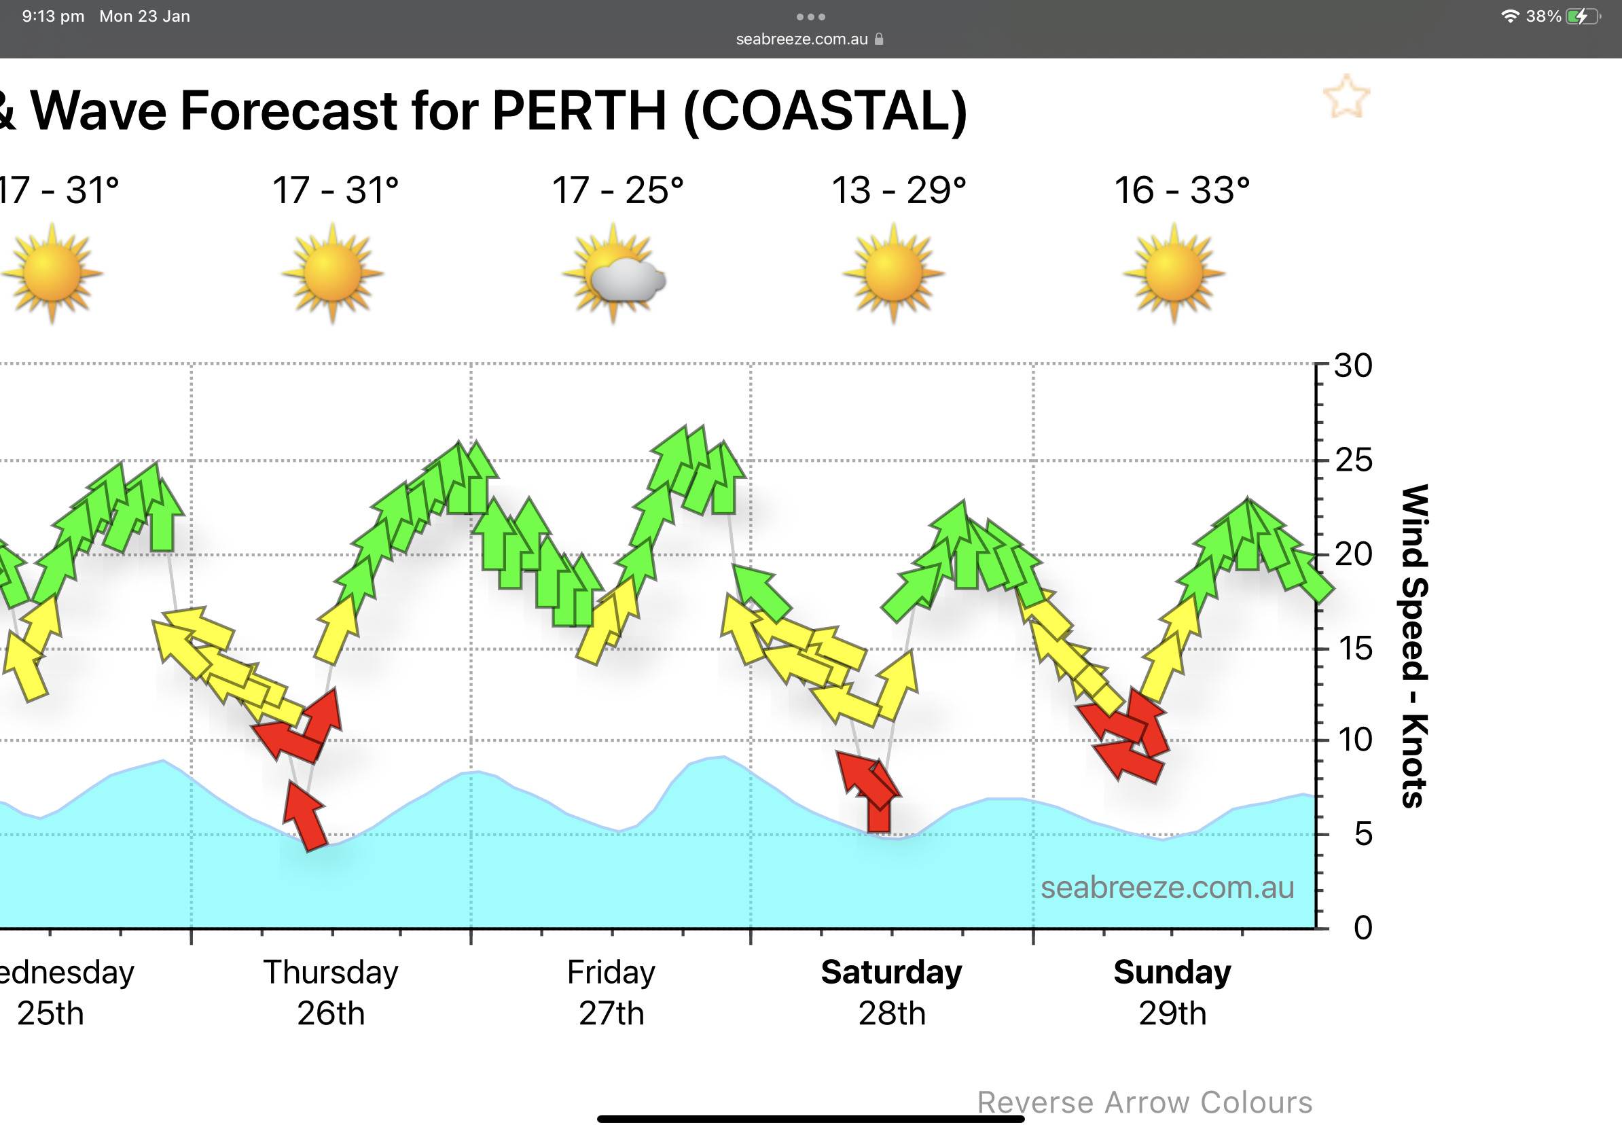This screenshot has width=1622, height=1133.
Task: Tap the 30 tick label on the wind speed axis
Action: tap(1352, 366)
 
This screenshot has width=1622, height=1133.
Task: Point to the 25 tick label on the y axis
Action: tap(1354, 461)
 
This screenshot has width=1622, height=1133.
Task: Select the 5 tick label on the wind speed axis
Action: tap(1363, 834)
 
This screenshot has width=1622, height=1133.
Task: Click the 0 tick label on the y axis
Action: tap(1363, 927)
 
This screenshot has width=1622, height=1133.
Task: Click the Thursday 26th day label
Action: tap(331, 992)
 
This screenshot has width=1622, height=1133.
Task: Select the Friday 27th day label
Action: tap(611, 992)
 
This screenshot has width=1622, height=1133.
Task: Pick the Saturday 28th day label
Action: tap(892, 992)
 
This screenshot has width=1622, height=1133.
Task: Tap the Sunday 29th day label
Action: tap(1172, 992)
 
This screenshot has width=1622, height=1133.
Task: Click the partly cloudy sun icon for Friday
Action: tap(613, 273)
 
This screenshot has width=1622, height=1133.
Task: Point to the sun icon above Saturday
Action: tap(894, 273)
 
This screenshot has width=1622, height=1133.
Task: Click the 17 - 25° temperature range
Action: tap(617, 191)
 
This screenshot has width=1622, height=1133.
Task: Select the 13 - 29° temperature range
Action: tap(899, 191)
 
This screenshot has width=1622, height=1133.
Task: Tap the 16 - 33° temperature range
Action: tap(1182, 191)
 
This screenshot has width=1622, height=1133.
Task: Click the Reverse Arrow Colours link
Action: tap(1145, 1102)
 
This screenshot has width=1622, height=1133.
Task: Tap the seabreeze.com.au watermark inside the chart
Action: tap(1167, 888)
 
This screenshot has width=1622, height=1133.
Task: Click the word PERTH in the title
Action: tap(579, 111)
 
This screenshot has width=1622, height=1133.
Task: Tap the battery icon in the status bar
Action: tap(1583, 16)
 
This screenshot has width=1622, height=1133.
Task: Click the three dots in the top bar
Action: tap(810, 16)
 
